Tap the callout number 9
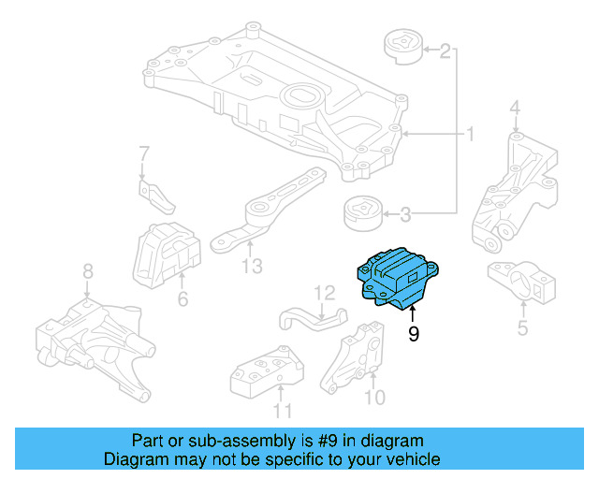point(413,334)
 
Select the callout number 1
point(471,136)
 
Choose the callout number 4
point(515,114)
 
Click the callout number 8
point(88,271)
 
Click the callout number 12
point(323,294)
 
